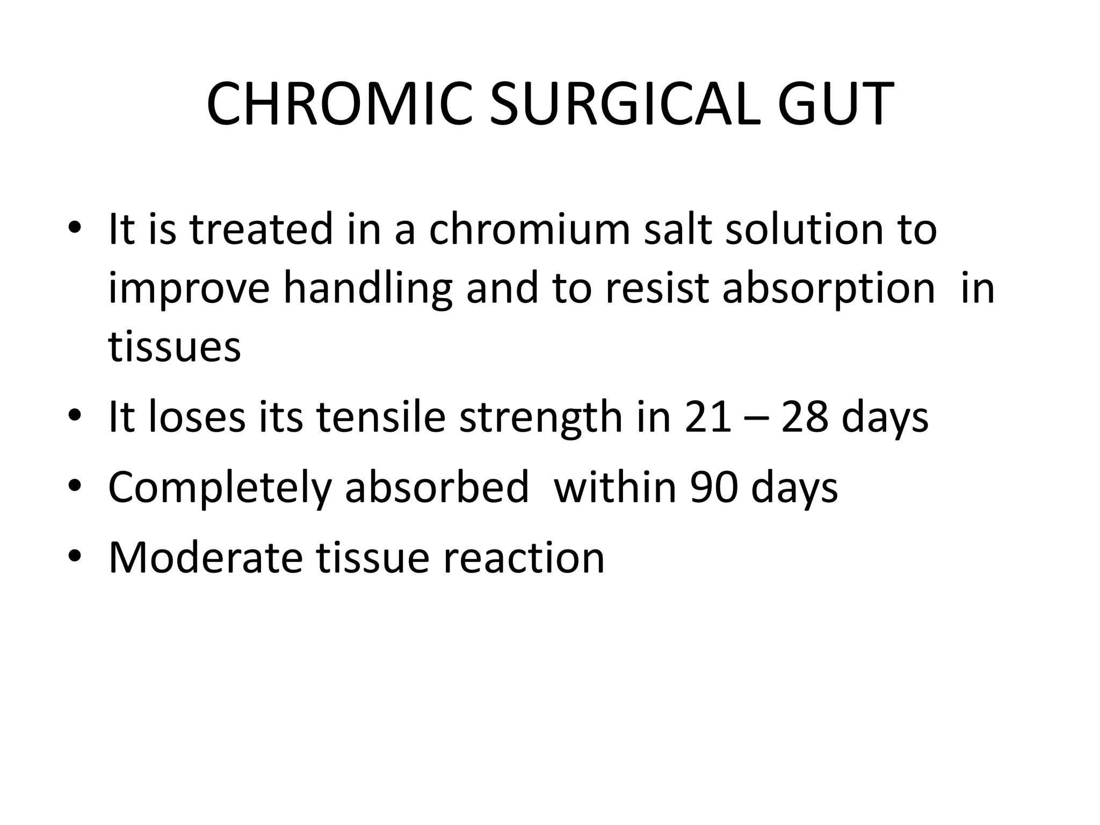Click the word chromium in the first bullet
point(529,230)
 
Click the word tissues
point(175,346)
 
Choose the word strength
point(540,417)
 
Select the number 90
point(713,488)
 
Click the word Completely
point(220,488)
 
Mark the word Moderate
point(206,558)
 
